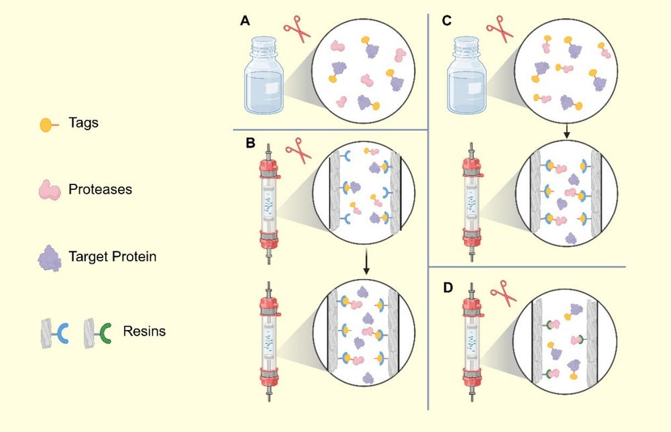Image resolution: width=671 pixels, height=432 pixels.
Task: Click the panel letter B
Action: pos(250,143)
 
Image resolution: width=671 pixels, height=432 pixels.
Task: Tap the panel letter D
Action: pos(448,288)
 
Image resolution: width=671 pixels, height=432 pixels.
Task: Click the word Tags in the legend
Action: pos(83,123)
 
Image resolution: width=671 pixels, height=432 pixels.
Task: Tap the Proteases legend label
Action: pos(100,189)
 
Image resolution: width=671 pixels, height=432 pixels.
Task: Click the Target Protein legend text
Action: pos(112,256)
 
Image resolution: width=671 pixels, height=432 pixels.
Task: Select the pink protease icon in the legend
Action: pos(49,190)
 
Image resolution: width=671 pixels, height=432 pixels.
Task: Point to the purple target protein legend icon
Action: pos(49,258)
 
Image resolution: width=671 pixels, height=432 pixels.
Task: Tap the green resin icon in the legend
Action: pos(97,332)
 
